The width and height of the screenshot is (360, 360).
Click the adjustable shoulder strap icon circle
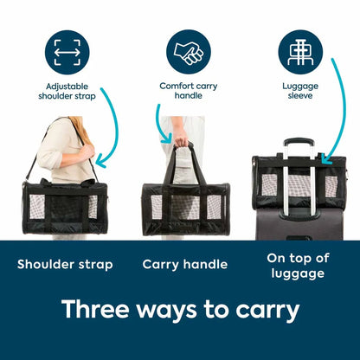[x=67, y=53]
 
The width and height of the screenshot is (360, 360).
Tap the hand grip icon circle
[x=189, y=52]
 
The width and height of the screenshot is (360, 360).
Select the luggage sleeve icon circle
[x=300, y=52]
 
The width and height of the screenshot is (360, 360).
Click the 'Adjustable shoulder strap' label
[x=67, y=91]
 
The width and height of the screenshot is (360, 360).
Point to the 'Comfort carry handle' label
[x=189, y=91]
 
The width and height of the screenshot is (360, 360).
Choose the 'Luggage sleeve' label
[x=300, y=91]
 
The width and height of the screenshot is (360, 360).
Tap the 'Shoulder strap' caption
[x=65, y=265]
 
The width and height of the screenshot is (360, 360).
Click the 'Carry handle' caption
[x=185, y=265]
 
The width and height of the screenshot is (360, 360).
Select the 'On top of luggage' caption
[x=298, y=266]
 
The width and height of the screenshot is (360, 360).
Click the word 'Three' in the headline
[x=95, y=309]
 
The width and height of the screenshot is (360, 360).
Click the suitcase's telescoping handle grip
[x=299, y=142]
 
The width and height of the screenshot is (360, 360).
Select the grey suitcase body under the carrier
[x=299, y=223]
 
